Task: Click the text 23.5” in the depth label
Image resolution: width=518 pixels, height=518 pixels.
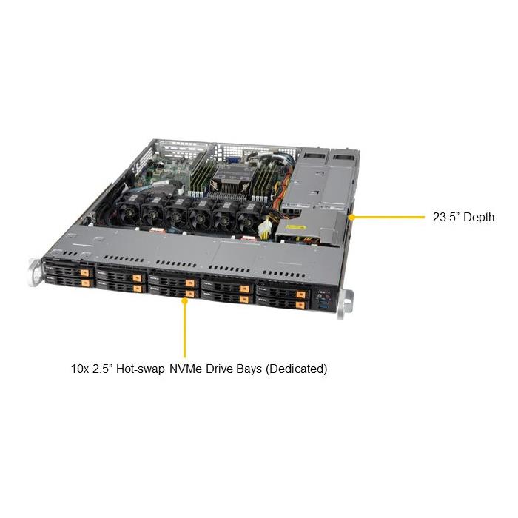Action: (x=445, y=218)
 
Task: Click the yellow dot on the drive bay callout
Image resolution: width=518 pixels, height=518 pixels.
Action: (x=184, y=301)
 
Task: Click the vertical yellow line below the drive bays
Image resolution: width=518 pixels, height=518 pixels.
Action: (x=184, y=329)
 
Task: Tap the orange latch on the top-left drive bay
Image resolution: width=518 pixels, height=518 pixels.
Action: (x=86, y=270)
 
